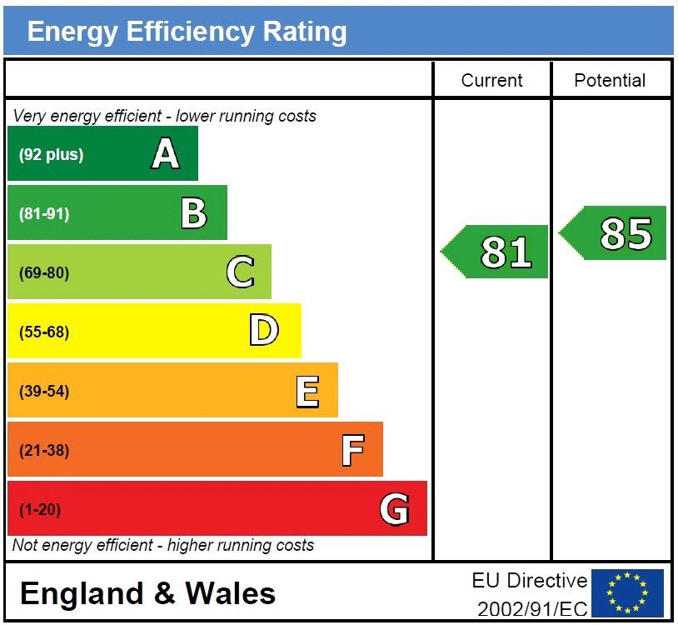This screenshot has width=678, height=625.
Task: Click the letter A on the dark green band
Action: (x=165, y=154)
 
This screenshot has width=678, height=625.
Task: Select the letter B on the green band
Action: (x=194, y=213)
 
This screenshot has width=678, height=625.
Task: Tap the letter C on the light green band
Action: (x=240, y=272)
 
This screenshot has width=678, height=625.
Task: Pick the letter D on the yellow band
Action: (x=263, y=332)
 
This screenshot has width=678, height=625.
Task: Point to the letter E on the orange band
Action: (x=307, y=391)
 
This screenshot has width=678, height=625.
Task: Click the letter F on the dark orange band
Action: (x=353, y=451)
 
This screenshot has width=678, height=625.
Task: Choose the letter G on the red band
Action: (x=395, y=509)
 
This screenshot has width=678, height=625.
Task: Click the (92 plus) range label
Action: (x=51, y=154)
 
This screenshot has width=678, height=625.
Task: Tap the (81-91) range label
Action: (x=44, y=213)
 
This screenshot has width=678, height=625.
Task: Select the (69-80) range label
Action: (x=44, y=272)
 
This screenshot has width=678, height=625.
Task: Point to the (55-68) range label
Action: (x=44, y=332)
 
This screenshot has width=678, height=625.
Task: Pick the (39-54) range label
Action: (x=44, y=391)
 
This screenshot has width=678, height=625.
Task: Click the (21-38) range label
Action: (x=44, y=451)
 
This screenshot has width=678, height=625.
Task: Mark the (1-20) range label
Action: (x=40, y=509)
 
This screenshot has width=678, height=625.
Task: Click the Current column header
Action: (x=491, y=80)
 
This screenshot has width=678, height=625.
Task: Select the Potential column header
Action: (x=610, y=80)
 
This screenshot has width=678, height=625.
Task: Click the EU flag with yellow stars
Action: (x=627, y=592)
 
